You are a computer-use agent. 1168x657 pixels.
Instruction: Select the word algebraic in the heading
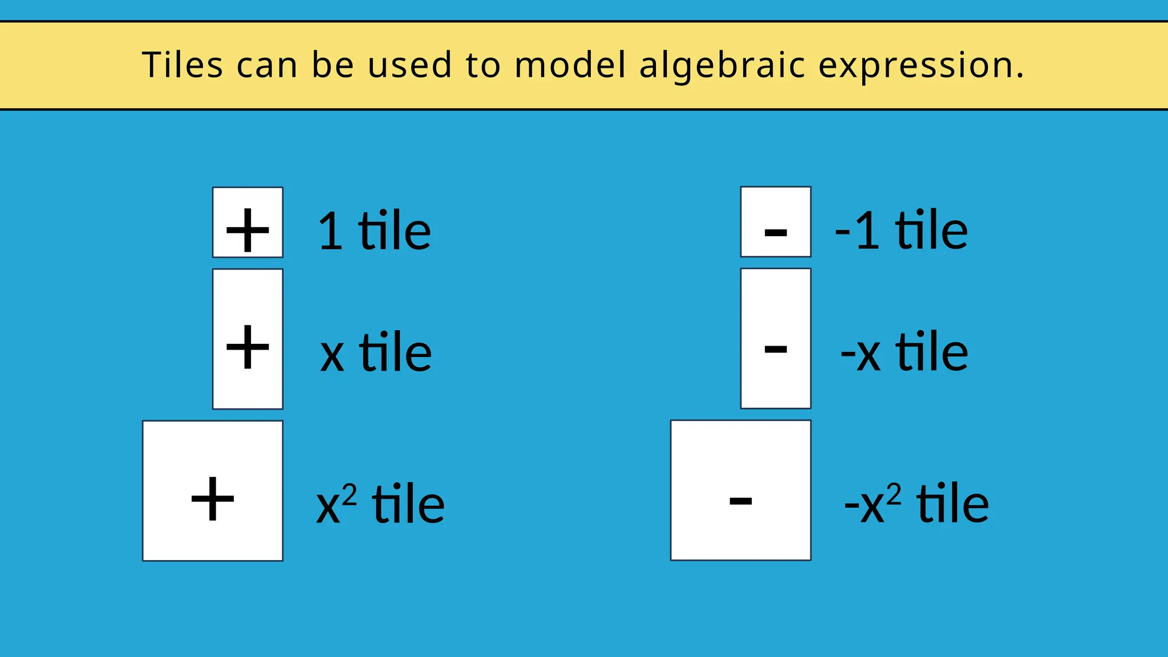(723, 66)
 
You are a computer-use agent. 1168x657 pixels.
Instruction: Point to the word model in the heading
(570, 64)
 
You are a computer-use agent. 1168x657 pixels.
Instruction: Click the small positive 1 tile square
(248, 222)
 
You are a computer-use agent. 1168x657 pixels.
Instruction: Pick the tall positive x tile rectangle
(248, 339)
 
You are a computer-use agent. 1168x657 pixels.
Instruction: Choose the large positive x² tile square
(213, 491)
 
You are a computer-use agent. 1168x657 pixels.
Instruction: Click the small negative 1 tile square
(776, 222)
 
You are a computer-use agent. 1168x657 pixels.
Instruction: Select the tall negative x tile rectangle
(776, 338)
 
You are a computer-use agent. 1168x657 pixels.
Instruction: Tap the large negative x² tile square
(741, 490)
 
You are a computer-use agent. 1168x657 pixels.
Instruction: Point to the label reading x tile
(376, 352)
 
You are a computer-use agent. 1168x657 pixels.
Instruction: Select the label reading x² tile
(380, 504)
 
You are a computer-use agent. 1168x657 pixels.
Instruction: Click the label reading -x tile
(905, 352)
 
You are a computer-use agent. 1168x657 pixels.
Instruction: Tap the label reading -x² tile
(916, 503)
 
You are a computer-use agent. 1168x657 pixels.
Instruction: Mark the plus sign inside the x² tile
(213, 499)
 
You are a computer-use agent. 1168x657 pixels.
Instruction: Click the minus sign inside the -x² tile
(741, 501)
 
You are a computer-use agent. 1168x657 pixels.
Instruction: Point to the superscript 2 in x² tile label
(350, 494)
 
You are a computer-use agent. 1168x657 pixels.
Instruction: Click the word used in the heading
(410, 64)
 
